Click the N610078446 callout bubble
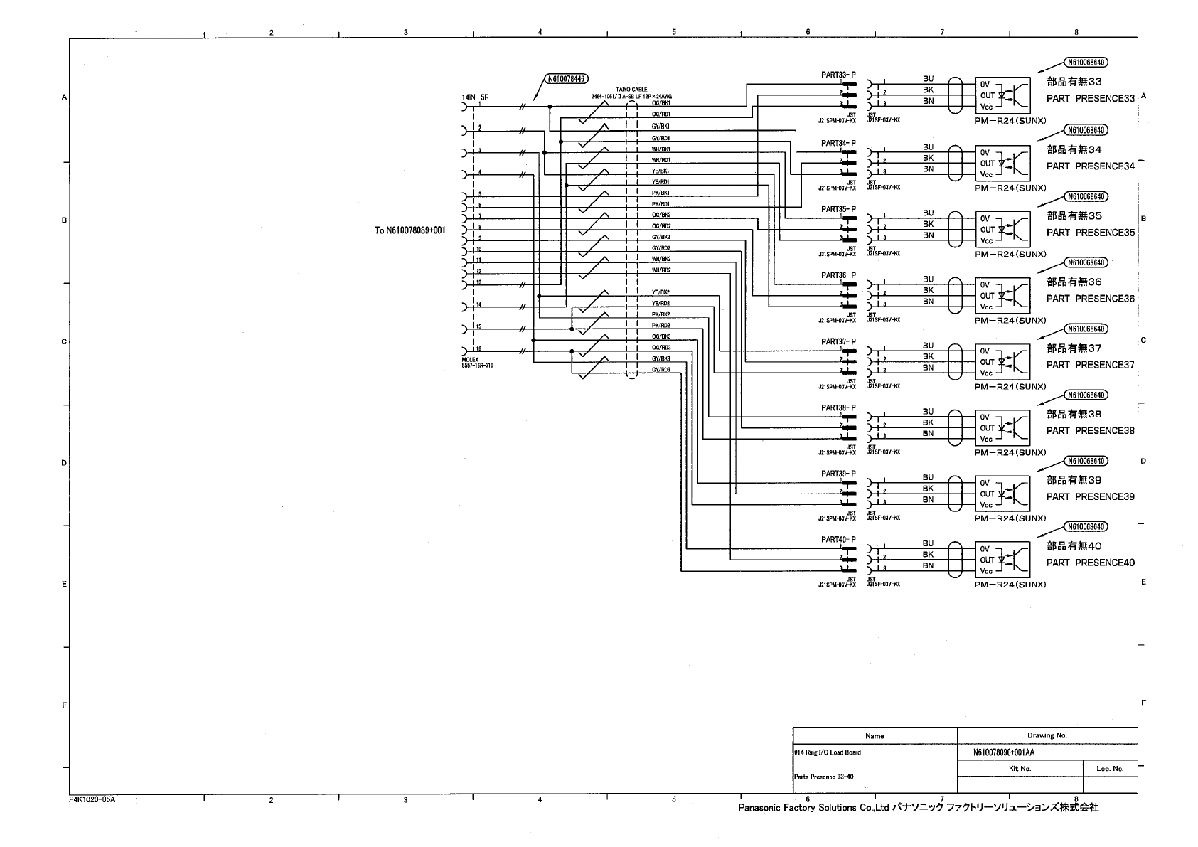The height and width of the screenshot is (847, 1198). click(x=567, y=79)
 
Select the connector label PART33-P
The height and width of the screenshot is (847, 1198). click(x=838, y=75)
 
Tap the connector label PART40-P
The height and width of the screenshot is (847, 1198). click(x=838, y=540)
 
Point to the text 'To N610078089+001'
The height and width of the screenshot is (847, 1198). click(x=410, y=230)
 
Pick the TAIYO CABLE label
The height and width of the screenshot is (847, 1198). click(x=631, y=90)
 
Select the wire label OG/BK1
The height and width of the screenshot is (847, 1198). click(x=661, y=103)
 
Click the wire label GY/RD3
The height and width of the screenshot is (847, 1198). click(x=661, y=370)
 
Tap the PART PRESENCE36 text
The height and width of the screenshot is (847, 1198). click(x=1090, y=299)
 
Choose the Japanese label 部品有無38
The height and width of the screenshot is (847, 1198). click(x=1074, y=414)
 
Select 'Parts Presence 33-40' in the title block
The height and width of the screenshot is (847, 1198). click(x=823, y=777)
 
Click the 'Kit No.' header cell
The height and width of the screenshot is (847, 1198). click(x=1020, y=768)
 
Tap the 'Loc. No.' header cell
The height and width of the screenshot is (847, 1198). click(x=1109, y=768)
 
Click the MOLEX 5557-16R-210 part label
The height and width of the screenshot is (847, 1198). click(x=477, y=363)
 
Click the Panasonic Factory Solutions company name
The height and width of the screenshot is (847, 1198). click(x=918, y=808)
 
